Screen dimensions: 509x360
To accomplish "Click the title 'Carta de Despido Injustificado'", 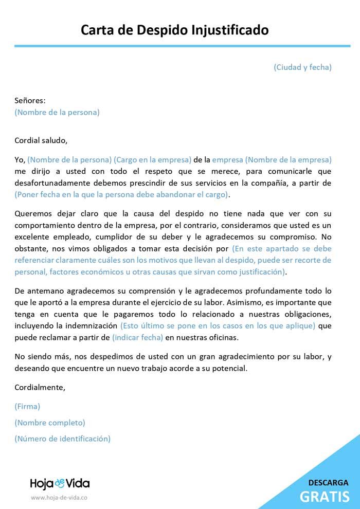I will click(x=175, y=30).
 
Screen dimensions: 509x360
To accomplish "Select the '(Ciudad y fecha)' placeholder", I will click(x=302, y=67).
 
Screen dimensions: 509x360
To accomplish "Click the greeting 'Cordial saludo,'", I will click(x=41, y=140).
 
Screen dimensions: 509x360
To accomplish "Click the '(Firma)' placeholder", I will click(x=27, y=406).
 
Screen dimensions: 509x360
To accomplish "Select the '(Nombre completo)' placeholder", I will click(x=50, y=423).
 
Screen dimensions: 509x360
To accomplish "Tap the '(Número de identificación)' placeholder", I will click(x=63, y=439).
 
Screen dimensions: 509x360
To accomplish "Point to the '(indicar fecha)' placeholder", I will click(x=137, y=337).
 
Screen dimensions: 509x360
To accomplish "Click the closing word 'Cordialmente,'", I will click(x=40, y=387).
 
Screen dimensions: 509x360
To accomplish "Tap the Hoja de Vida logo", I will click(x=60, y=483).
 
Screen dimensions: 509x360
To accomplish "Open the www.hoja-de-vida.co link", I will click(x=59, y=498).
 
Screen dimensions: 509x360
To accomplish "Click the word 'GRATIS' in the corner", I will click(x=325, y=497).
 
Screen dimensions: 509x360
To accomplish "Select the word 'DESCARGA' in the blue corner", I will click(x=328, y=483).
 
